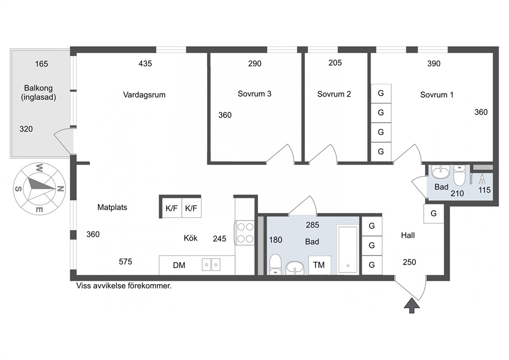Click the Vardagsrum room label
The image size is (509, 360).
click(144, 95)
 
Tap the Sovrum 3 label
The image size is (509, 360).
click(254, 94)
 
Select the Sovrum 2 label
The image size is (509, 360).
click(334, 94)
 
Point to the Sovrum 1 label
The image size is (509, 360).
click(437, 95)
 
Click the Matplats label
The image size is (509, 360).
click(112, 207)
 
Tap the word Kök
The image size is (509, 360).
click(190, 238)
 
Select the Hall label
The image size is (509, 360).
click(408, 235)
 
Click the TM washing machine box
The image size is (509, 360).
click(320, 265)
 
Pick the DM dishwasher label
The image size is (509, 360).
click(179, 266)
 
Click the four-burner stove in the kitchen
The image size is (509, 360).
click(245, 233)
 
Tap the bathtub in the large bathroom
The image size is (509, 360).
click(348, 250)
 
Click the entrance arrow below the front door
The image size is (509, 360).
click(412, 306)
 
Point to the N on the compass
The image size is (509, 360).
click(61, 188)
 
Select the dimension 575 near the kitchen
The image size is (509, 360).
click(125, 261)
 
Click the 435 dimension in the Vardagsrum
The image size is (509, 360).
click(145, 64)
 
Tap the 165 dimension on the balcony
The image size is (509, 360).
click(42, 64)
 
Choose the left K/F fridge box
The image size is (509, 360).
click(172, 208)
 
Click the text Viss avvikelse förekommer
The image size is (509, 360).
click(124, 286)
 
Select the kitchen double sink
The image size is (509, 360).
click(211, 264)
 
